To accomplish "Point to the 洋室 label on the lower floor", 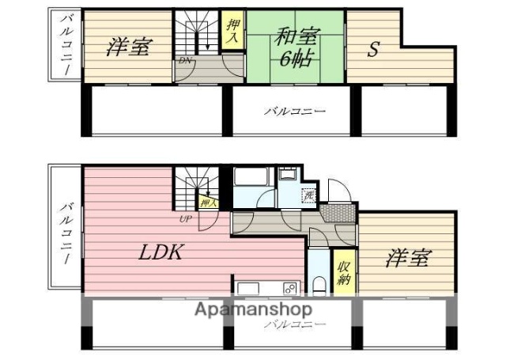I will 408,258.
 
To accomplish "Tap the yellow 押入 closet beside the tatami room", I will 232,31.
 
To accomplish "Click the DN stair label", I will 184,61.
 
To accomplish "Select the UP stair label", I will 185,219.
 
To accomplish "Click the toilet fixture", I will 318,284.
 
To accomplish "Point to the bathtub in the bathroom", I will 252,177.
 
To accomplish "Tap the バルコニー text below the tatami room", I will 294,112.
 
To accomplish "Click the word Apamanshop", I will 253,309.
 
